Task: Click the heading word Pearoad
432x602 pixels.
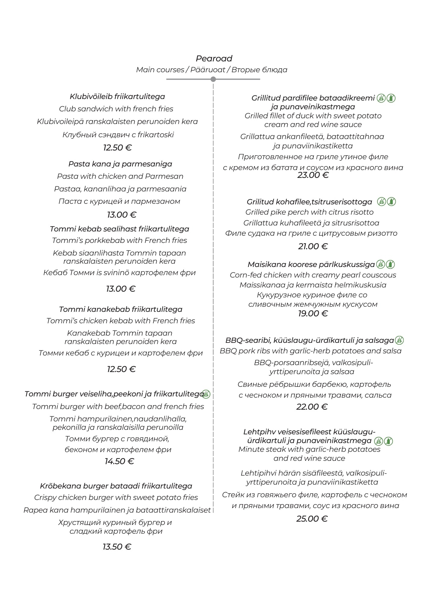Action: point(214,58)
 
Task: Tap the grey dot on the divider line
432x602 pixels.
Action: point(213,79)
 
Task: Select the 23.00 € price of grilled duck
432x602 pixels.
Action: point(313,175)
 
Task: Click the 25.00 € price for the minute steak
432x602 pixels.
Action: point(312,519)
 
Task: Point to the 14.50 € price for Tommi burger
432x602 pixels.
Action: point(119,461)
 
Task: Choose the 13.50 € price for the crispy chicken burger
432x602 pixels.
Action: point(117,547)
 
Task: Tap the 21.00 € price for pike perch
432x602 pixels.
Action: point(313,246)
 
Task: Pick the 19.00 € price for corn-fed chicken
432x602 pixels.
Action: point(313,314)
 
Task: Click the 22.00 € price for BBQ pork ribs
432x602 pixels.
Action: point(312,407)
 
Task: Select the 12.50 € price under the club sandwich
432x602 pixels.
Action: point(117,147)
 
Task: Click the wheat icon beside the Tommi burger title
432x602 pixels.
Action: point(206,394)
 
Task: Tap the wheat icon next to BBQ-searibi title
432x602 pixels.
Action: point(399,340)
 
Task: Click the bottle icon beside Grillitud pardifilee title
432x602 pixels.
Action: point(391,98)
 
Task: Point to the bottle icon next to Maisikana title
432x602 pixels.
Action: point(390,264)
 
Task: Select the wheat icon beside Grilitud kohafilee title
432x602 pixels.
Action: point(382,202)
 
